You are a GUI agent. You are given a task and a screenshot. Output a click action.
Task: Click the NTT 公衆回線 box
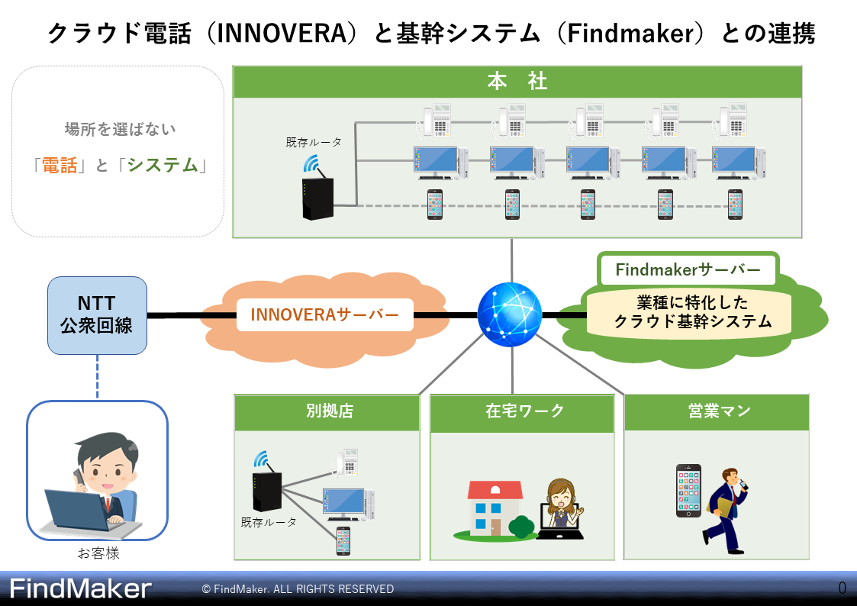tap(97, 315)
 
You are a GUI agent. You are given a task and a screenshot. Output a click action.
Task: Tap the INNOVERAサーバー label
tap(324, 314)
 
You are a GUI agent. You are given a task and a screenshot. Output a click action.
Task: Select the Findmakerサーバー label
tap(688, 269)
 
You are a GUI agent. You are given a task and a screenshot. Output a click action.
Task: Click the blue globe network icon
tap(509, 314)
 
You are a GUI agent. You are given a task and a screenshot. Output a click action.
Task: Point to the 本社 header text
tap(517, 82)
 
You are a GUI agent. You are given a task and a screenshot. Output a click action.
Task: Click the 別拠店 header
tap(330, 411)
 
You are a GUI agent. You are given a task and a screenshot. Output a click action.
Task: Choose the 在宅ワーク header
tap(524, 411)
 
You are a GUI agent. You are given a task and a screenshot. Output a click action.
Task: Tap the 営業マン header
tap(720, 411)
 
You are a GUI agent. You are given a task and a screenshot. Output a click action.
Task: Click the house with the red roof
tap(495, 509)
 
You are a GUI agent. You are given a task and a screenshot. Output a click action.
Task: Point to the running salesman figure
tap(725, 510)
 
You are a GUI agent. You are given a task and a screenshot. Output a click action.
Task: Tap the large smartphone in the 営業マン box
tap(688, 491)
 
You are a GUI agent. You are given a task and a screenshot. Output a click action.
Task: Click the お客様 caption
tap(98, 553)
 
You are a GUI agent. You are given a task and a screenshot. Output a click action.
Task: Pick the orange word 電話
tap(60, 165)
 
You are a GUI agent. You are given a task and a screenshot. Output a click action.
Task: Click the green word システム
tap(163, 165)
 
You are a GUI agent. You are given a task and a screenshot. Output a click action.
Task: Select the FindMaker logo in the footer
tap(80, 588)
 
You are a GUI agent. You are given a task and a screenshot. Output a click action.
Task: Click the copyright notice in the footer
tap(298, 589)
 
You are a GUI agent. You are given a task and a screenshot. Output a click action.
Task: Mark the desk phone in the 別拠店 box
tap(346, 463)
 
